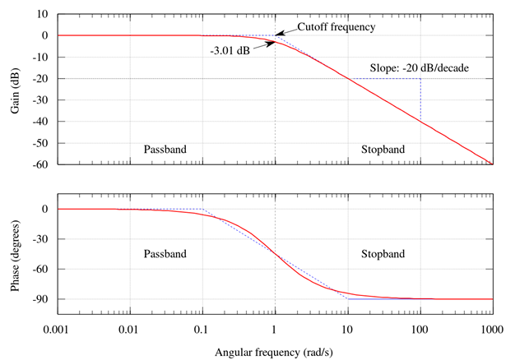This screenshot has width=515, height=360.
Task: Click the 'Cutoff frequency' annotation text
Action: [336, 27]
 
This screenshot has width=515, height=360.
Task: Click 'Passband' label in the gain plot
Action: [165, 150]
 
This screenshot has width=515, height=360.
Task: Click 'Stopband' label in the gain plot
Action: [383, 150]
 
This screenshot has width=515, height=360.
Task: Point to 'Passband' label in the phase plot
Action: [165, 254]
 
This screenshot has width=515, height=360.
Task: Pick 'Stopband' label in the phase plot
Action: [383, 254]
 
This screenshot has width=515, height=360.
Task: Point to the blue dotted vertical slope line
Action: [420, 99]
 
